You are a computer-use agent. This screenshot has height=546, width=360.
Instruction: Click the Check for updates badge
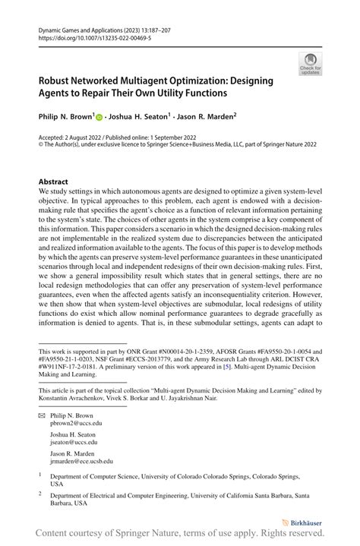coord(311,65)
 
